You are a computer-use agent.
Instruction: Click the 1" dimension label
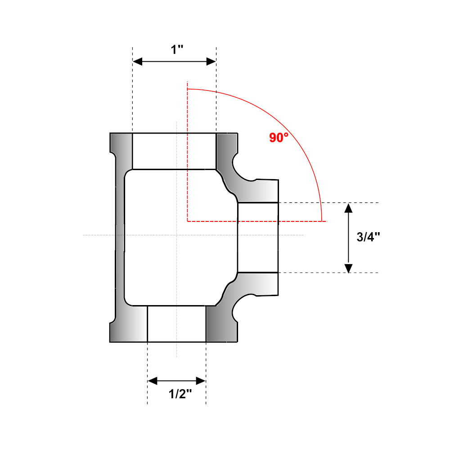point(177,49)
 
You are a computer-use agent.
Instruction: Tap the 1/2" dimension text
point(180,394)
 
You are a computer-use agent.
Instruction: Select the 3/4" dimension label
point(368,237)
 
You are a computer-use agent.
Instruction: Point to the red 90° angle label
point(279,137)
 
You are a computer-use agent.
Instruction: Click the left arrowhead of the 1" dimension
point(137,61)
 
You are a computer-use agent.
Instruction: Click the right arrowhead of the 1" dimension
point(211,61)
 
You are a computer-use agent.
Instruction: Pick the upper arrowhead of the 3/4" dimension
point(348,208)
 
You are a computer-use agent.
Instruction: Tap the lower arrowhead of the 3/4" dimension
point(348,268)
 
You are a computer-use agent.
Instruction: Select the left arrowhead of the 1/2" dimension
point(153,381)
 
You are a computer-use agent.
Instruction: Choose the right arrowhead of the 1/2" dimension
point(201,381)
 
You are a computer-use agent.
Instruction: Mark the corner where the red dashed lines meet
point(187,221)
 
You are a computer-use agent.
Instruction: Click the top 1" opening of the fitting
point(174,151)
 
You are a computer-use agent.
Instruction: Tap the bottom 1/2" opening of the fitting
point(176,324)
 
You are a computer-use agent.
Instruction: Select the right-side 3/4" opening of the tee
point(258,238)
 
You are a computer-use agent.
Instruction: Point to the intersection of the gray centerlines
point(176,235)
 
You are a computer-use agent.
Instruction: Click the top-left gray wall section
point(121,151)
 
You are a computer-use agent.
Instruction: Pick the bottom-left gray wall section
point(128,324)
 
